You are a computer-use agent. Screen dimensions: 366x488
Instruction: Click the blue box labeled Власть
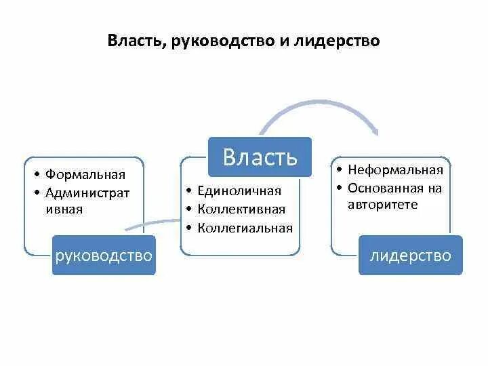point(260,157)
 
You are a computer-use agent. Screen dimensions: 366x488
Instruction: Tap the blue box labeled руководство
point(104,256)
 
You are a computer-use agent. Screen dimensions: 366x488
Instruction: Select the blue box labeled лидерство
point(411,256)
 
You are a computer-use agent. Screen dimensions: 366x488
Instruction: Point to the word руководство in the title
point(224,41)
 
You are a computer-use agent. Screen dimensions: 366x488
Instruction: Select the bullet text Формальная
point(85,176)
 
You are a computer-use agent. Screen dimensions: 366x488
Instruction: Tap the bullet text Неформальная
point(395,170)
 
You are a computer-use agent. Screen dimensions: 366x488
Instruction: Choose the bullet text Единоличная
point(239,191)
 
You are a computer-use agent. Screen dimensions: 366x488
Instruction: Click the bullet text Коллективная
point(241,209)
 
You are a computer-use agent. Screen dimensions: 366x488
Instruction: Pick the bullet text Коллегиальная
point(245,228)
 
